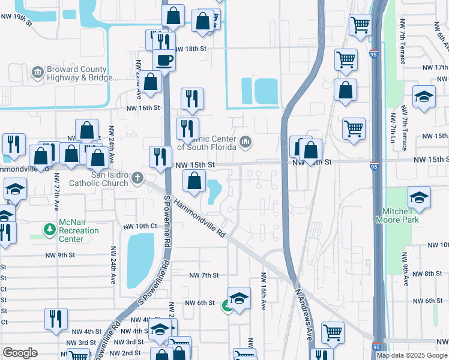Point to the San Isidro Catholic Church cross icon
(138, 177)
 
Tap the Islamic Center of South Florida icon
(245, 142)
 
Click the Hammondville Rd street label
(200, 217)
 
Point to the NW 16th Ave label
(263, 292)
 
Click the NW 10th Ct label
(140, 226)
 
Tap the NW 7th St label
(204, 275)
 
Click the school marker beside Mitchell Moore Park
(419, 197)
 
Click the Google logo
(20, 353)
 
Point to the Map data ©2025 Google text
(412, 355)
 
